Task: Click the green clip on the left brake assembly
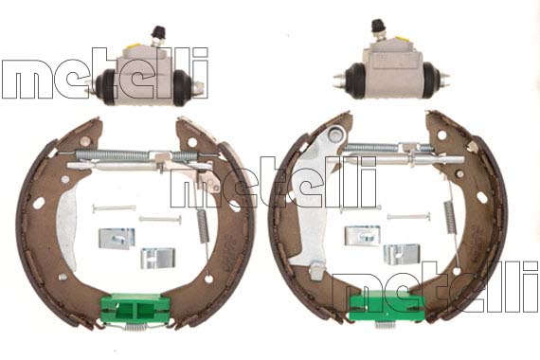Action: pyautogui.click(x=135, y=308)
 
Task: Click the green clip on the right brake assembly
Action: pyautogui.click(x=387, y=305)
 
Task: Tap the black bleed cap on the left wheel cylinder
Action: pyautogui.click(x=159, y=30)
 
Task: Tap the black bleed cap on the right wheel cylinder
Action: pyautogui.click(x=378, y=25)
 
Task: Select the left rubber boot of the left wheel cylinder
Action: pyautogui.click(x=106, y=86)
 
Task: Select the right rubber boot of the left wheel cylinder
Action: pyautogui.click(x=182, y=88)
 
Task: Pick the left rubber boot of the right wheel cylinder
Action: pyautogui.click(x=355, y=80)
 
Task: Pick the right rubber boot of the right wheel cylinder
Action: pyautogui.click(x=431, y=80)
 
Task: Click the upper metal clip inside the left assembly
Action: pyautogui.click(x=117, y=239)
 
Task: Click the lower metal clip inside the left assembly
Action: pyautogui.click(x=157, y=258)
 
